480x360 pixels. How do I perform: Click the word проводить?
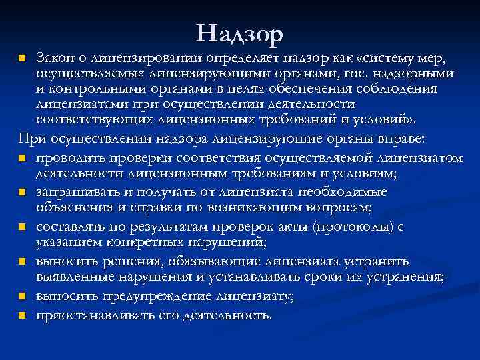[x=70, y=158]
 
